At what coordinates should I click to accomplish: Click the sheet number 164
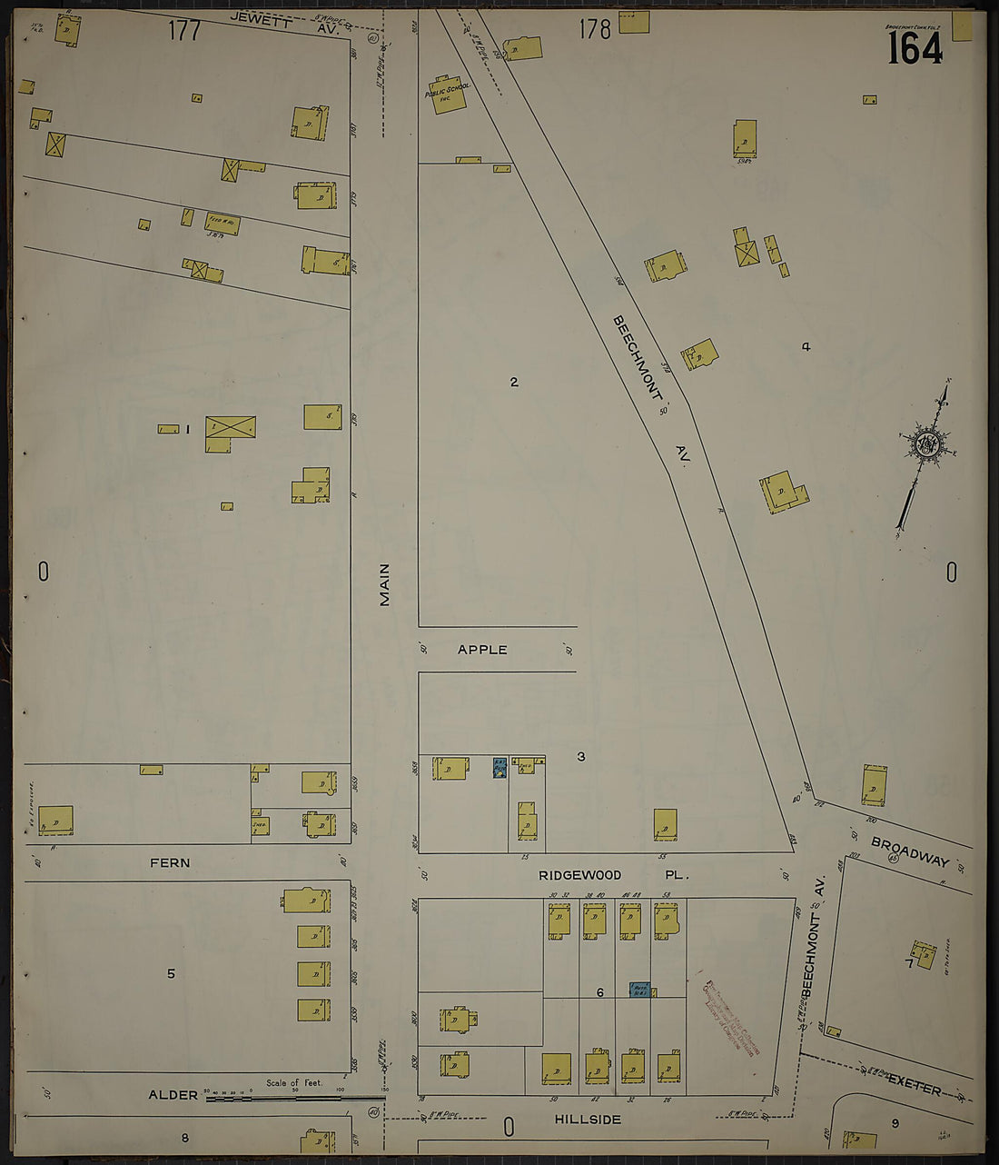(915, 47)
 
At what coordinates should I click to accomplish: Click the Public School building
(446, 95)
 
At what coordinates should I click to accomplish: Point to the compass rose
(928, 448)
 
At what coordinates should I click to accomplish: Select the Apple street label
(482, 650)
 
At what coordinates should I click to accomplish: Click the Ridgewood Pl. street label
(614, 875)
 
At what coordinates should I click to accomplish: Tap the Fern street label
(170, 862)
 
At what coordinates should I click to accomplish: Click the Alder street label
(173, 1095)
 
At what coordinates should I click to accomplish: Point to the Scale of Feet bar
(295, 1098)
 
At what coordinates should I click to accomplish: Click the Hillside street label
(588, 1120)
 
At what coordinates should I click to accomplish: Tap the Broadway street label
(910, 852)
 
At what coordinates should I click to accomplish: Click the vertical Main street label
(384, 584)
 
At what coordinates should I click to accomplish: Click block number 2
(514, 382)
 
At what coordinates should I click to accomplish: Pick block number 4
(806, 346)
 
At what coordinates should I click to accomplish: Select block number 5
(171, 973)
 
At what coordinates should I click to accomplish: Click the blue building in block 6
(639, 989)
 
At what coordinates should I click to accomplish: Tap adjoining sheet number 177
(183, 31)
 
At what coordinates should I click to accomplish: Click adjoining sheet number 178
(595, 30)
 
